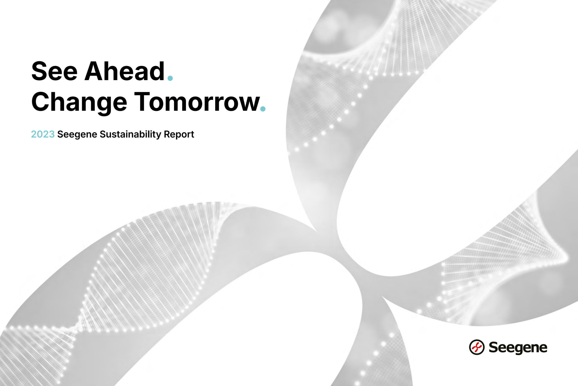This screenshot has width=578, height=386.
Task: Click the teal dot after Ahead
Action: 170,78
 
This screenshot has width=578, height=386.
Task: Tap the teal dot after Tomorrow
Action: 263,109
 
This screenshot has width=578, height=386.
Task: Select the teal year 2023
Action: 43,134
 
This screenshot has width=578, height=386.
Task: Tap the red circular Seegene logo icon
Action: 477,347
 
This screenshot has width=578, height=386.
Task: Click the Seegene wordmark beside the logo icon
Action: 518,348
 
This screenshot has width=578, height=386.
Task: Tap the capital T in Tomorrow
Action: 142,102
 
